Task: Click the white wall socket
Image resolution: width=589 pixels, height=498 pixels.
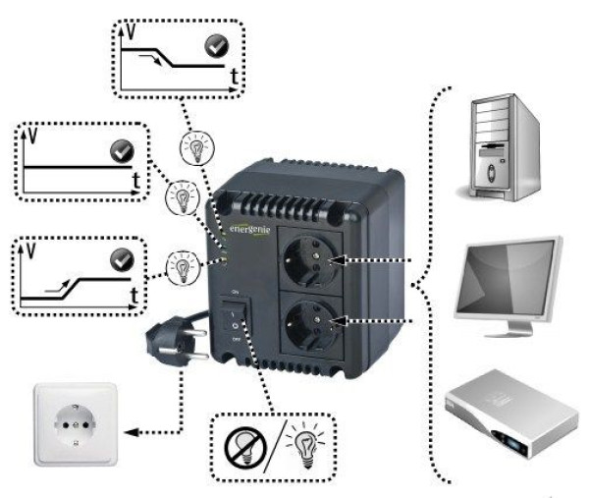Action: pos(77,425)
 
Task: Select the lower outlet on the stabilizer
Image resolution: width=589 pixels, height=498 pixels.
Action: pos(307,322)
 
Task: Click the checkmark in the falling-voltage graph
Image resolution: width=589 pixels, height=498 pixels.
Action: pos(215,44)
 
